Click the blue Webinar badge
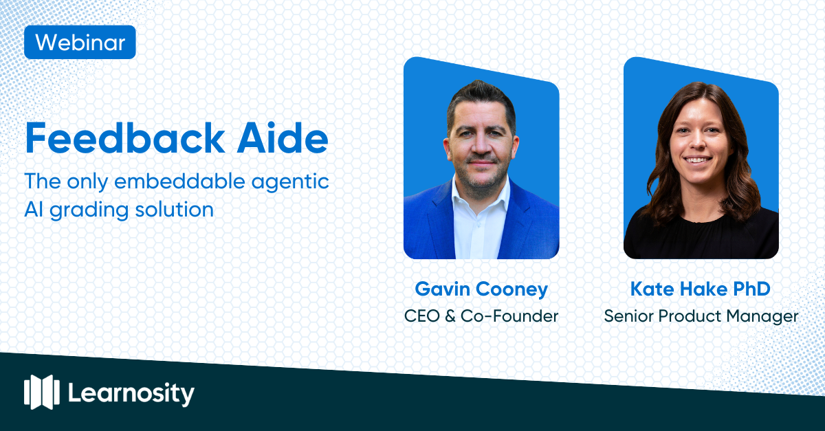coord(80,43)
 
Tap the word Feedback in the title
coord(125,138)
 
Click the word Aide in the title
coord(283,138)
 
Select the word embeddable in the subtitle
coord(179,181)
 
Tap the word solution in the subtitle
coord(174,209)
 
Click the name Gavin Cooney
coord(481,289)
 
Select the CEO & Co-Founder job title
coord(481,316)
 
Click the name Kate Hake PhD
coord(701,289)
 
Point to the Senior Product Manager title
coord(701,317)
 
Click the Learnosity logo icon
coord(42,392)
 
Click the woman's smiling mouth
coord(696,160)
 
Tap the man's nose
coord(480,145)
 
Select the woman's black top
coord(701,236)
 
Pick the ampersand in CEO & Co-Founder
coord(450,316)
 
